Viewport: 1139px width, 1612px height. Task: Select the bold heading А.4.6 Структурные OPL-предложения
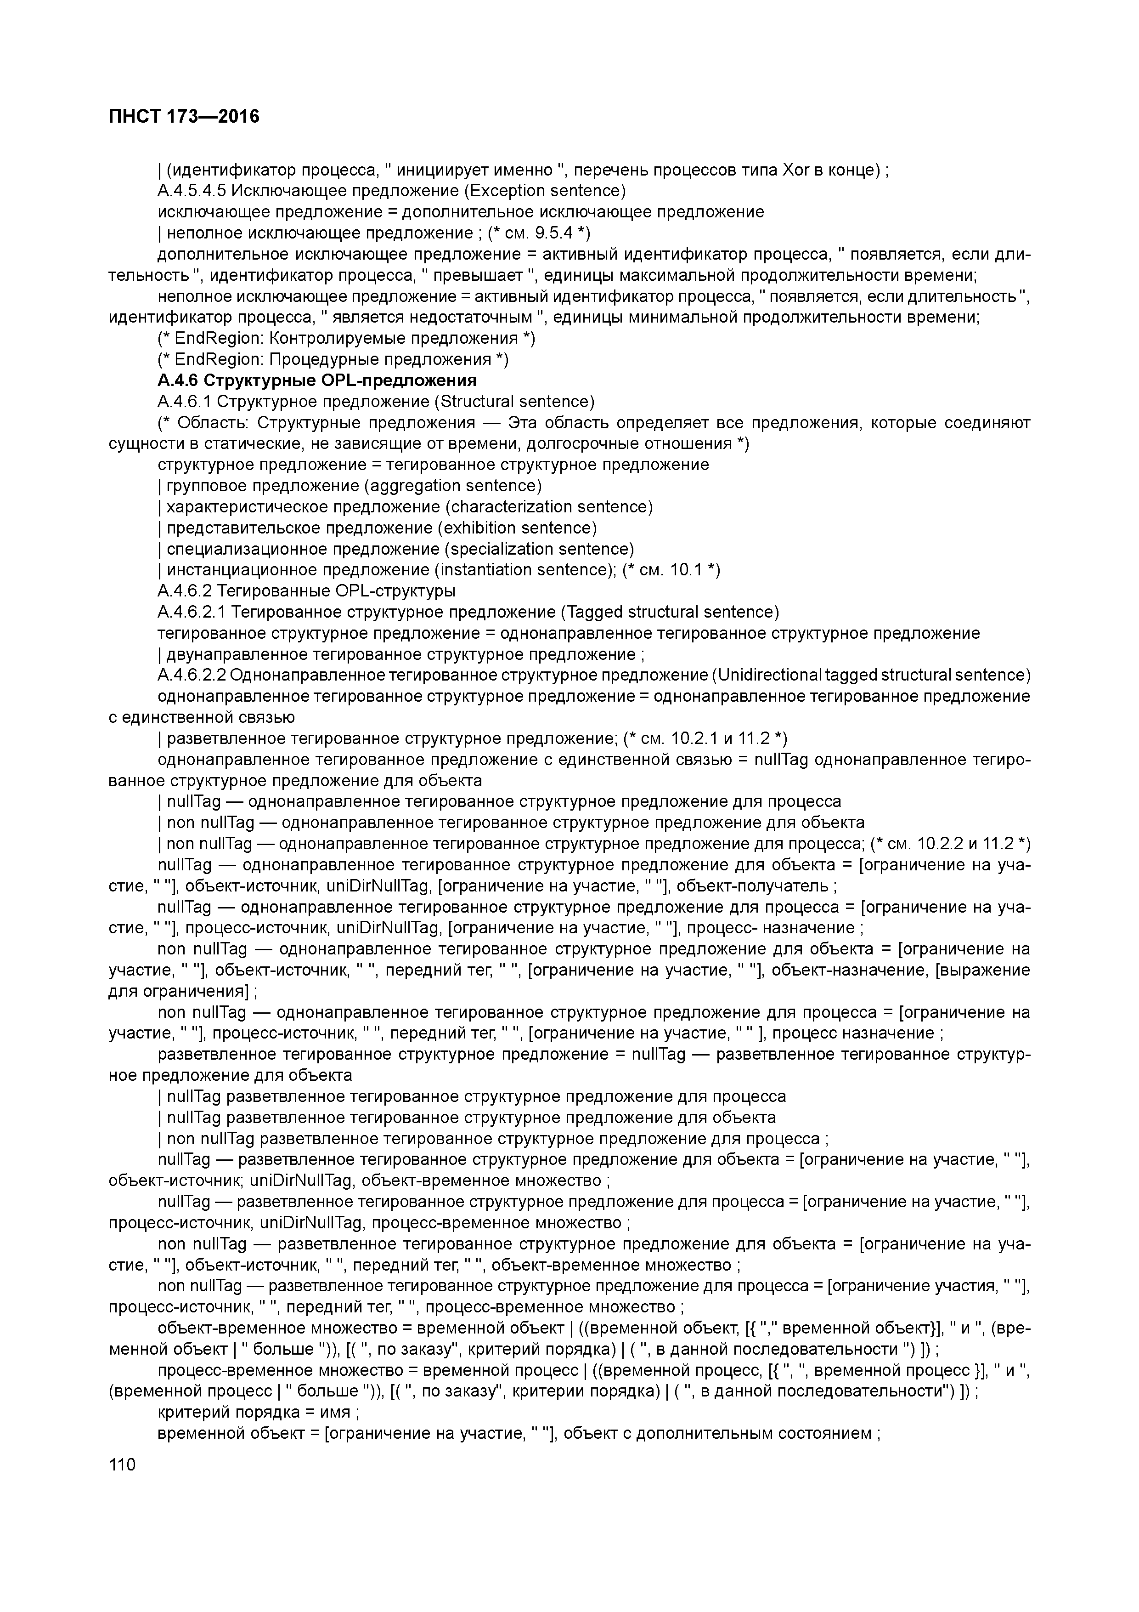coord(317,380)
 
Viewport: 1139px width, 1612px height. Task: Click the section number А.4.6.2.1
coord(193,612)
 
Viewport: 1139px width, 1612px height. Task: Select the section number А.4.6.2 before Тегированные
coord(185,591)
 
